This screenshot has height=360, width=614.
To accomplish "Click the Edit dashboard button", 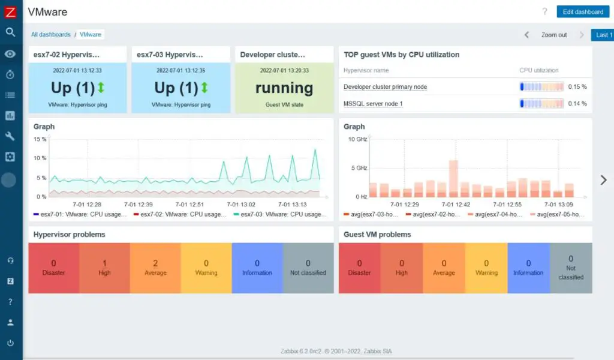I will tap(583, 11).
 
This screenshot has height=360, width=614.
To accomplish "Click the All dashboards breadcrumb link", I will tap(51, 35).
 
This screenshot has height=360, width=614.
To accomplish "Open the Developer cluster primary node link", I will tap(385, 87).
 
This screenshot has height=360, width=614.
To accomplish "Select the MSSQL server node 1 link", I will tap(373, 104).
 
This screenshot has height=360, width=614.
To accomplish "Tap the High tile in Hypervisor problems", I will tap(104, 268).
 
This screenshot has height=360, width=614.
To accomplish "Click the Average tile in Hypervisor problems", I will tap(155, 268).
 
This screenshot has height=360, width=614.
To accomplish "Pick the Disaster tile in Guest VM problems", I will tap(359, 268).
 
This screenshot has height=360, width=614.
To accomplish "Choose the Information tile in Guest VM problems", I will tap(528, 268).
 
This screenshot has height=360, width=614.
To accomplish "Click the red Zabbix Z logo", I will tap(10, 11).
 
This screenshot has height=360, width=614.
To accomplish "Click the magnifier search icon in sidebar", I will tap(10, 32).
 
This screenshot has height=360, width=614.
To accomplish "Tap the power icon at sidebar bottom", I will tap(10, 343).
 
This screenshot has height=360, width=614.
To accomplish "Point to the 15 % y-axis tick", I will tap(40, 139).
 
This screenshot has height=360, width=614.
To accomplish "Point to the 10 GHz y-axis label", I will tap(357, 139).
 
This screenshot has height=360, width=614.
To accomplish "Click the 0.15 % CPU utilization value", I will tap(577, 87).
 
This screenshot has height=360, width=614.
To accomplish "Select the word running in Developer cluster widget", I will tap(284, 88).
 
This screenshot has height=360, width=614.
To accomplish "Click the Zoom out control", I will tap(553, 35).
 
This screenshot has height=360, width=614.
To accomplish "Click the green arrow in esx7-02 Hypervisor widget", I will tap(101, 88).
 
